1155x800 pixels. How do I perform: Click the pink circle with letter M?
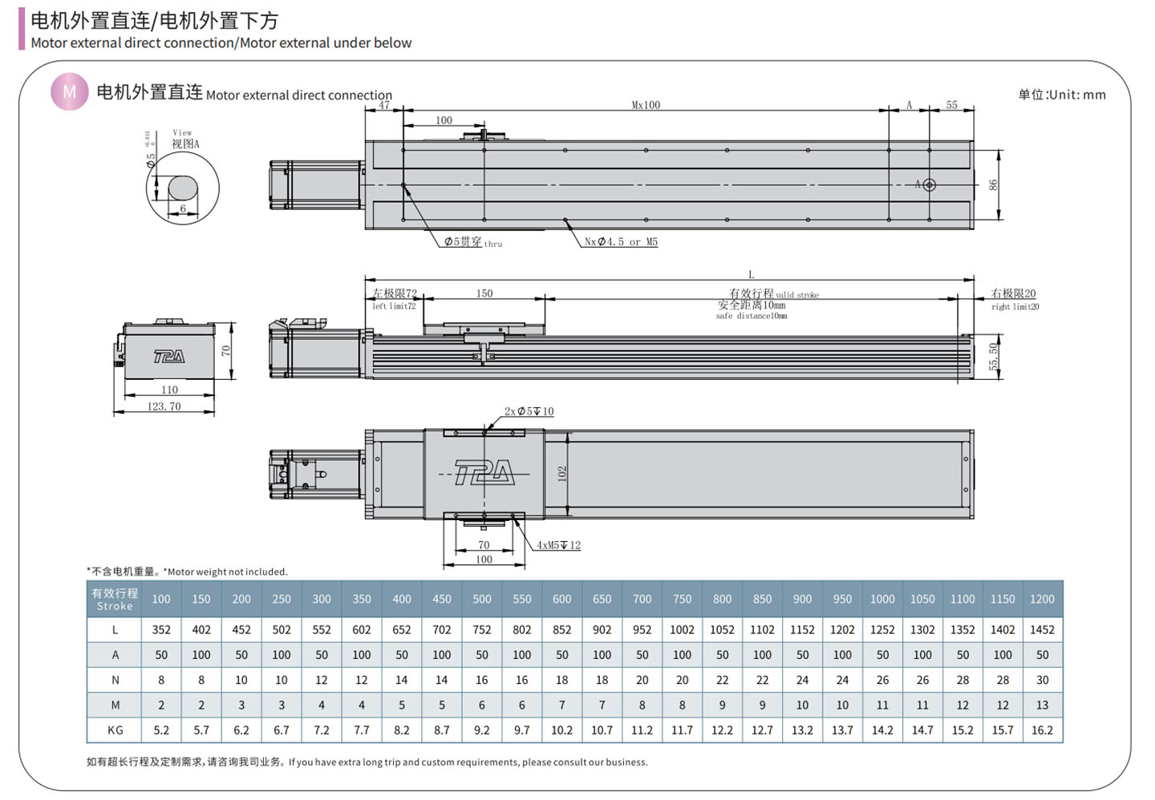point(70,91)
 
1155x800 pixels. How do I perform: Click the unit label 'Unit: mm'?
point(1077,95)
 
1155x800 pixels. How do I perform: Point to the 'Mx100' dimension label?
point(646,105)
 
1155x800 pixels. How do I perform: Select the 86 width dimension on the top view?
point(993,184)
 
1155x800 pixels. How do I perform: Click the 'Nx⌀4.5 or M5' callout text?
point(621,241)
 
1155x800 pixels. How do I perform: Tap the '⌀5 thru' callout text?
point(473,241)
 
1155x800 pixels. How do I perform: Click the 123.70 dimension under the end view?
point(164,406)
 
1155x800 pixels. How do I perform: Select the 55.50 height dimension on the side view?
point(993,357)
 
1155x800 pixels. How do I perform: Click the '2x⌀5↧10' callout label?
point(529,411)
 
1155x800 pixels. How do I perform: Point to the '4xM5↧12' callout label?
point(558,545)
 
